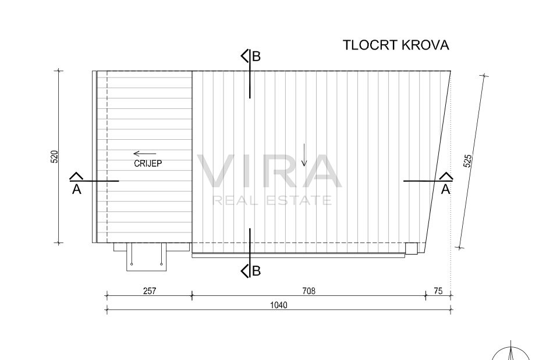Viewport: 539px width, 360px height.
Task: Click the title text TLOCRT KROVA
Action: coord(396,45)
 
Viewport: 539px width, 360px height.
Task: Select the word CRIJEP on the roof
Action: coord(148,164)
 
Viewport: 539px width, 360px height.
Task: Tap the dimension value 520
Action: coord(54,157)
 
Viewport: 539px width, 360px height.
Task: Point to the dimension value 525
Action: coord(467,161)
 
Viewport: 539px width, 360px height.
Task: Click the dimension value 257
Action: coord(150,291)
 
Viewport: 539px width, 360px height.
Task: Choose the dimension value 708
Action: coord(308,291)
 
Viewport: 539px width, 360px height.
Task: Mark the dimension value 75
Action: coord(438,291)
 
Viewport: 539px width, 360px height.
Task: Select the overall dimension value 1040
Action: coord(279,305)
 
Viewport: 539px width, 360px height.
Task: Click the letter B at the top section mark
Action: coord(257,57)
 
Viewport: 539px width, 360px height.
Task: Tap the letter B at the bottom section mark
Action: coord(257,271)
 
